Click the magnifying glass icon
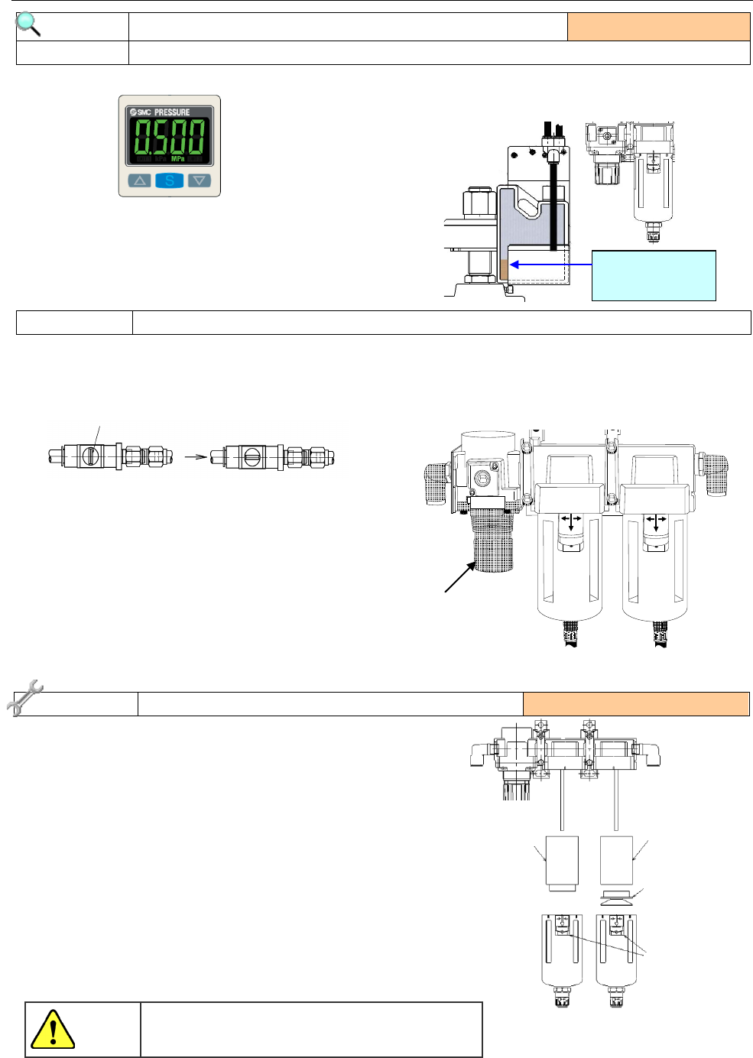click(x=28, y=24)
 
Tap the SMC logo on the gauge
click(x=141, y=112)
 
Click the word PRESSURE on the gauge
click(x=172, y=112)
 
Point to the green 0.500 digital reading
click(x=170, y=138)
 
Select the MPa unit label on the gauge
click(x=177, y=159)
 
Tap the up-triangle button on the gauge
click(x=140, y=181)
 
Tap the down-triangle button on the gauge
click(x=199, y=181)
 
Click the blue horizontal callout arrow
click(x=550, y=264)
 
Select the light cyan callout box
click(x=654, y=275)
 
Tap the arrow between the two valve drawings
click(x=196, y=457)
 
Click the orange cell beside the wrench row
click(x=635, y=703)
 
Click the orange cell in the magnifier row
click(x=658, y=27)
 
